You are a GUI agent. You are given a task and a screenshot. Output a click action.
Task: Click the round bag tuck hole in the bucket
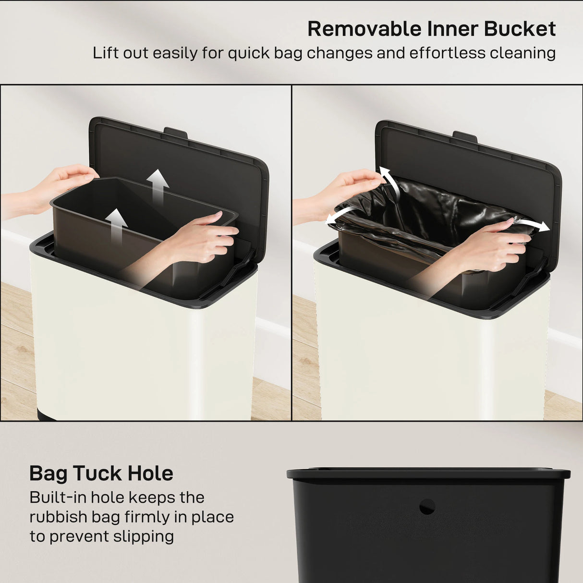[x=427, y=506]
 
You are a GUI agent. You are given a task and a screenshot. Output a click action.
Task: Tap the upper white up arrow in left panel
[x=158, y=185]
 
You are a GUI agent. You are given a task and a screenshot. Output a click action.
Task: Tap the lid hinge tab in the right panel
[x=465, y=136]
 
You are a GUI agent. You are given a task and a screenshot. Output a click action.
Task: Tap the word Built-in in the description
[x=56, y=497]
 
